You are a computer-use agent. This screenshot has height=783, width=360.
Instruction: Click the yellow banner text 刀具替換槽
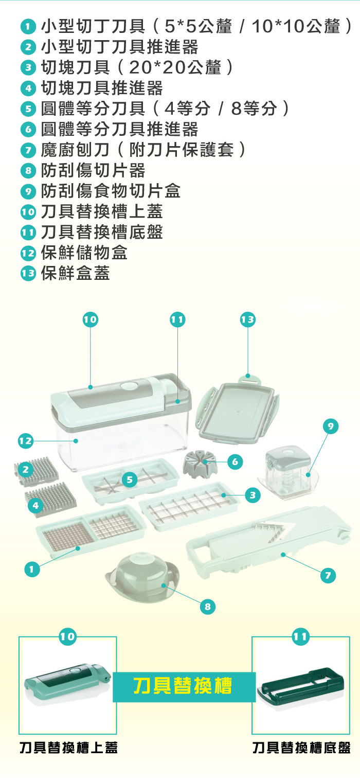point(183,686)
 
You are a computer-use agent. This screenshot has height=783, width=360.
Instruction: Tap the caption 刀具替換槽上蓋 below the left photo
point(68,748)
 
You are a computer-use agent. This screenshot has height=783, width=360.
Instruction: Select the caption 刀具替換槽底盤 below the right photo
point(301,748)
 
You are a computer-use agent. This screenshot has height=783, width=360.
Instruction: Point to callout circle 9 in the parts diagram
point(331,426)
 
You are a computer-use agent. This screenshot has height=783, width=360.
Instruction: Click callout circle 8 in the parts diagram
point(208,606)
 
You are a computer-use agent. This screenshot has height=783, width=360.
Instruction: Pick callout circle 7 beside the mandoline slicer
point(328,575)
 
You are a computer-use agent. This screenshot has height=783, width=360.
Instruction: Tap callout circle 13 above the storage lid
point(248,319)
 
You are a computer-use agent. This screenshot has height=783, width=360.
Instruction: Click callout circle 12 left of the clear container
point(26,441)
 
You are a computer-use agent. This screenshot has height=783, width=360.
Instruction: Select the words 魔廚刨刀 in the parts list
point(75,150)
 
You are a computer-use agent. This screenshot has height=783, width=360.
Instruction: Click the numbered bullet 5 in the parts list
point(28,109)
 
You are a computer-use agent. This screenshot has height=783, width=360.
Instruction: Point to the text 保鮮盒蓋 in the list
point(76,273)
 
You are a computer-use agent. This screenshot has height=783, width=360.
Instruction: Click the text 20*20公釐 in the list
point(175,67)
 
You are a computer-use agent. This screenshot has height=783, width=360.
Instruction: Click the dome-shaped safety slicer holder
point(143,577)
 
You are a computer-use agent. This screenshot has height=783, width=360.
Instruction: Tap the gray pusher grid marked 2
point(36,471)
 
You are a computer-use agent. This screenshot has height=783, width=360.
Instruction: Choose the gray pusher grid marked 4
point(51,499)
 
